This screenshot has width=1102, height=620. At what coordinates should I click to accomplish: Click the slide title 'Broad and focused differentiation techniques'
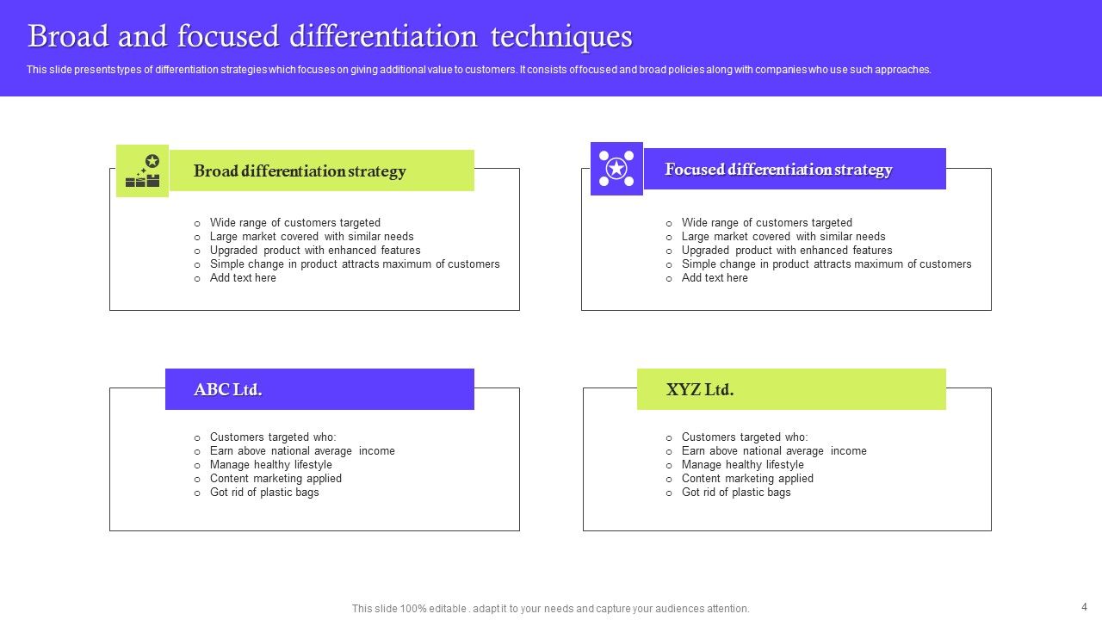(x=330, y=37)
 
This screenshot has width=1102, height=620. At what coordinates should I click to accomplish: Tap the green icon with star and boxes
(x=143, y=170)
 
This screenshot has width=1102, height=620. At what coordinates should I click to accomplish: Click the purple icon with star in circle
(x=616, y=169)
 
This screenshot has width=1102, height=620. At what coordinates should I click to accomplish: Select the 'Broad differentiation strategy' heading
(x=300, y=170)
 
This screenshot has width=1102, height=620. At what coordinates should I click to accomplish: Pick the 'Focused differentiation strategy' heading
(x=778, y=170)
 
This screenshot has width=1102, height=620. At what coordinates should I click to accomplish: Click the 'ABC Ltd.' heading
(x=228, y=389)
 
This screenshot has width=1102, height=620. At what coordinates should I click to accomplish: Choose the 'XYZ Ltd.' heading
(x=700, y=389)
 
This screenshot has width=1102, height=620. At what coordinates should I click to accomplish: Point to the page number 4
(x=1084, y=606)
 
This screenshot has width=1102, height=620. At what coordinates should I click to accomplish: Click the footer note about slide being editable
(x=550, y=608)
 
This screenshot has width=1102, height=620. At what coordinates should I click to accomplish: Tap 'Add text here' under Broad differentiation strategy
(x=243, y=278)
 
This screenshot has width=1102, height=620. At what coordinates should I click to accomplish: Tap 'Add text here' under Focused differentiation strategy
(x=715, y=278)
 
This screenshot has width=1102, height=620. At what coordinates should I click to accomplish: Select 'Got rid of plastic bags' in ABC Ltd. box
(x=264, y=493)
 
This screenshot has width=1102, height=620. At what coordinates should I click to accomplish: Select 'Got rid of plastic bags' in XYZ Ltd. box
(x=736, y=493)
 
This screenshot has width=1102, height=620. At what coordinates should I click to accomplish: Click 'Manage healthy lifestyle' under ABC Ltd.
(x=270, y=465)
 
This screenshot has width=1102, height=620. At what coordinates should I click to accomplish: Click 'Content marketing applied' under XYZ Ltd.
(x=747, y=479)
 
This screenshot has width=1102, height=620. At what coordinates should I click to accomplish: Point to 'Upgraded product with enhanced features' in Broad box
(x=315, y=251)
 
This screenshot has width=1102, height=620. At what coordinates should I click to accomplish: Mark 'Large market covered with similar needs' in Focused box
(x=783, y=237)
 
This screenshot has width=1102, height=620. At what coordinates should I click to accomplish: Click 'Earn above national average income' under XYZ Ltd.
(x=774, y=451)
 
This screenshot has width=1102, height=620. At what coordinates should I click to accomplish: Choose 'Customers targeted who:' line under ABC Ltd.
(x=273, y=437)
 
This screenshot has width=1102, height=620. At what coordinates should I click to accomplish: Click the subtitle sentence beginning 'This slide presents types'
(x=479, y=70)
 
